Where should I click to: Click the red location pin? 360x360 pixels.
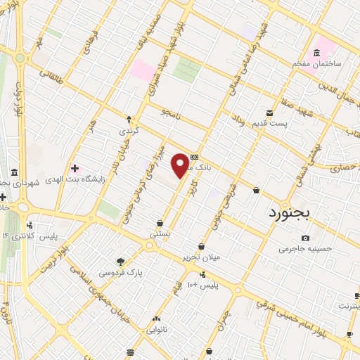click(x=181, y=165)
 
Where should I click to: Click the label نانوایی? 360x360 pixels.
click(x=157, y=329)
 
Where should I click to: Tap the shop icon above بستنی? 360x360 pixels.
click(x=161, y=223)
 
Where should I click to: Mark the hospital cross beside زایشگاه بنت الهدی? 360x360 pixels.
click(x=75, y=168)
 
